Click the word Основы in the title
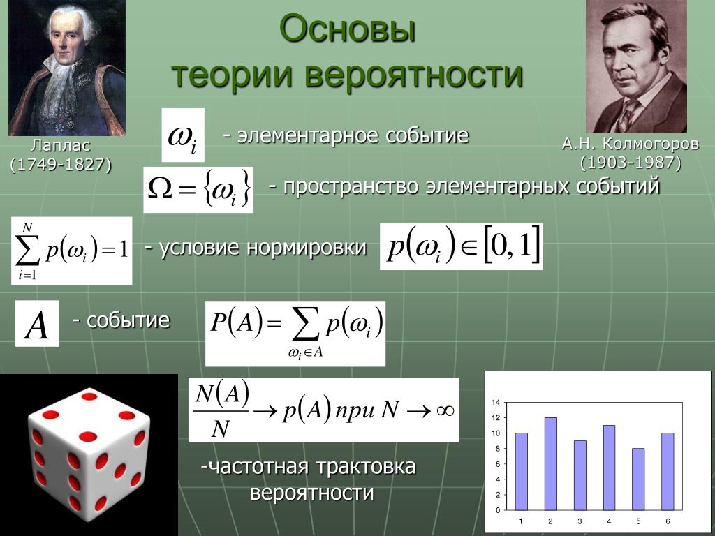coord(348,29)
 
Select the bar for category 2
coord(550,463)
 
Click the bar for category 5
coord(638,479)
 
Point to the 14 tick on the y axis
coord(496,403)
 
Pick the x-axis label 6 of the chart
coord(668,521)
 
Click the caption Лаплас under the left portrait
coord(61,145)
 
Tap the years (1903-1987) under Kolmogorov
coord(631,163)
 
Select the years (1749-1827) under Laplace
coord(61,165)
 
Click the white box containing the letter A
coord(37,324)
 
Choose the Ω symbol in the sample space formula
coord(160,190)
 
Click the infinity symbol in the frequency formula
coord(445,410)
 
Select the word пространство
coord(351,187)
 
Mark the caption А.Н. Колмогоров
coord(631,144)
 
